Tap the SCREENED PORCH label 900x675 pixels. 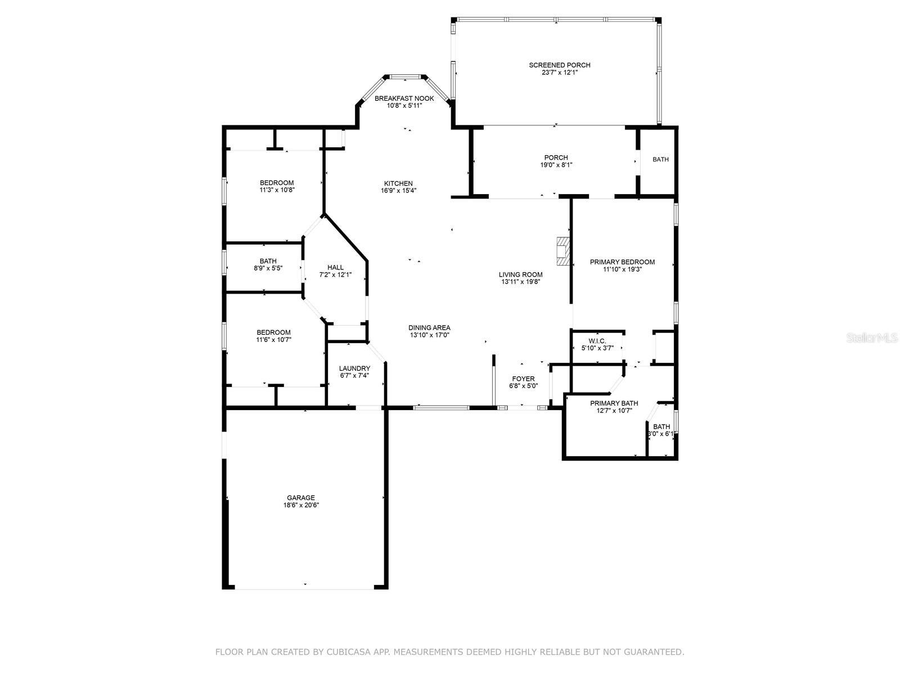559,65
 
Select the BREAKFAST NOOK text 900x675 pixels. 404,98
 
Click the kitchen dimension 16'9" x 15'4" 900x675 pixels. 398,191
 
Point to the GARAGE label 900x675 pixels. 300,498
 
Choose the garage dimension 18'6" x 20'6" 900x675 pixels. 300,505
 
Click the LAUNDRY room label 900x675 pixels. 354,368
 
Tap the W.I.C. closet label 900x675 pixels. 597,341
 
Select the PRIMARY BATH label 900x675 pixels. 614,403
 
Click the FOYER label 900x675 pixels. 523,379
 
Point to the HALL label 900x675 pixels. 335,267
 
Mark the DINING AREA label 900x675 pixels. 429,327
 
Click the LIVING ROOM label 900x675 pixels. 520,274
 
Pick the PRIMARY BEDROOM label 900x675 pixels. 622,262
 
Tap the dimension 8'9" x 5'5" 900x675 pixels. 268,268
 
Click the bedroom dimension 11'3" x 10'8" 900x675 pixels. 277,190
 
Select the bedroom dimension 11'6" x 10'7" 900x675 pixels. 273,340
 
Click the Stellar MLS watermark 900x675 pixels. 872,337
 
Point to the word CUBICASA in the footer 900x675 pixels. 348,651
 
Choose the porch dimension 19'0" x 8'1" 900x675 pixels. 556,165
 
